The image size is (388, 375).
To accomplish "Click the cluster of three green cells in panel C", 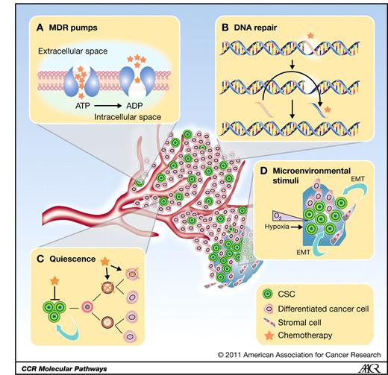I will [x=49, y=307].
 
